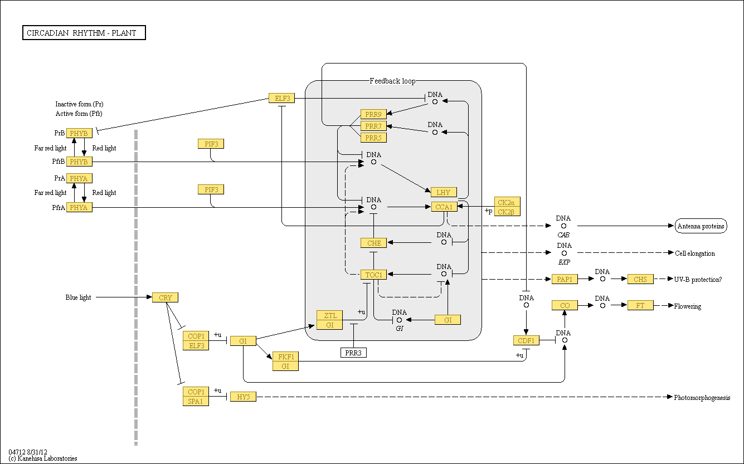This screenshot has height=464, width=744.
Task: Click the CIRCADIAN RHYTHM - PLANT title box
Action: tap(84, 33)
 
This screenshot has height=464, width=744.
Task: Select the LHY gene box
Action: tap(444, 192)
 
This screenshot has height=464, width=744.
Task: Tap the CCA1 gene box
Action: tap(444, 207)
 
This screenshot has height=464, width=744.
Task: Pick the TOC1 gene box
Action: tap(373, 275)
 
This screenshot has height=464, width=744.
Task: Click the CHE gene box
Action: tap(373, 243)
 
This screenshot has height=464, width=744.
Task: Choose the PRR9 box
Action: tap(373, 114)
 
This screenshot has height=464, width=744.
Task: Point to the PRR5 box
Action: tap(373, 138)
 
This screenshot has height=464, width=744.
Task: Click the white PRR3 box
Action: tap(353, 353)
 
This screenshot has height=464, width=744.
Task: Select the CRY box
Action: tap(166, 297)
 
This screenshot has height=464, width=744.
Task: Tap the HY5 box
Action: tap(243, 397)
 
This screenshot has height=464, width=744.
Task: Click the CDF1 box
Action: tap(526, 340)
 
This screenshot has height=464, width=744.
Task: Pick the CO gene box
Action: tap(565, 305)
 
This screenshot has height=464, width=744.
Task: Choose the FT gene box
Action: tap(640, 305)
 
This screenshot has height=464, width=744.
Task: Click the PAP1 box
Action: tap(565, 279)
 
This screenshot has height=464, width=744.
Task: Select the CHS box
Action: tap(640, 279)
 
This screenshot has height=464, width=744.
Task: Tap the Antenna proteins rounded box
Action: tap(701, 226)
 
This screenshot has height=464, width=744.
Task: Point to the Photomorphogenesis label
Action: tap(702, 398)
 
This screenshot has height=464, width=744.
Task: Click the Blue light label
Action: tap(78, 297)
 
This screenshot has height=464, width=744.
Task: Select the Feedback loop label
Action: tap(392, 81)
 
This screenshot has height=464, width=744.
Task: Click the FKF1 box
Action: tap(285, 356)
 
